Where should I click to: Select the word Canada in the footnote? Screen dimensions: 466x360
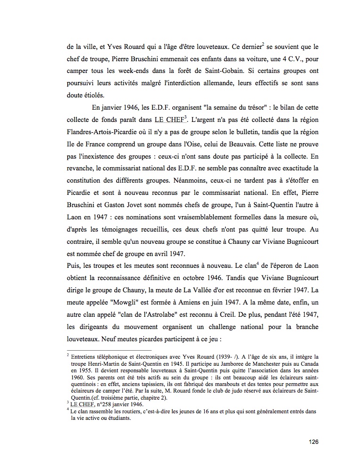(306, 364)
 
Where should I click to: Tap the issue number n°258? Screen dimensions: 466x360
(106, 403)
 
